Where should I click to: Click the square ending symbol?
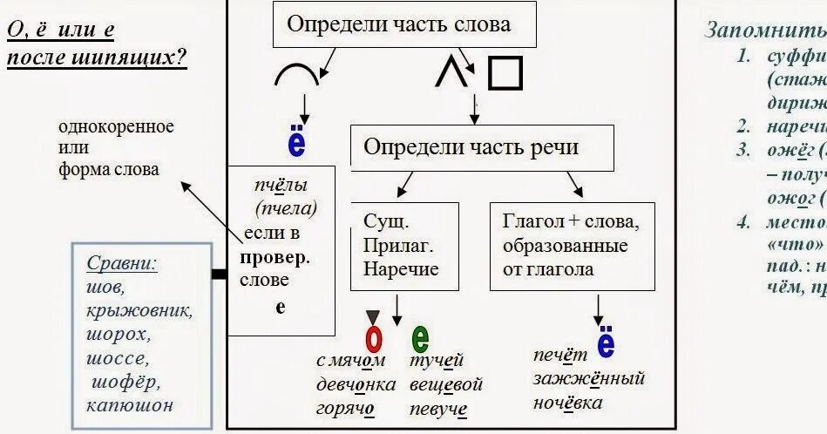click(505, 73)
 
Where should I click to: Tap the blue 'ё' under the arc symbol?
click(296, 141)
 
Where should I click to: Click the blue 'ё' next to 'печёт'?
click(606, 342)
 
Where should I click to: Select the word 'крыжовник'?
click(139, 310)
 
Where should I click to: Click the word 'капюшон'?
click(130, 404)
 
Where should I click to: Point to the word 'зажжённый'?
click(589, 379)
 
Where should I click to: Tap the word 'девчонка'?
click(356, 384)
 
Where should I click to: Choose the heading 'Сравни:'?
click(122, 263)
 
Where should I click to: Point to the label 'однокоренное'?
click(116, 127)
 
